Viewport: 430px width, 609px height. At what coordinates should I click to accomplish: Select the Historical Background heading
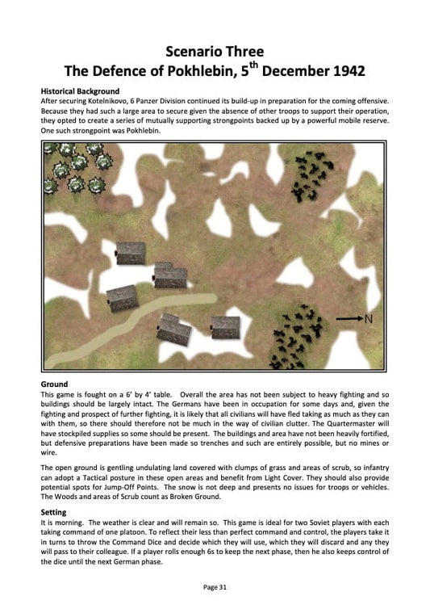[x=80, y=91]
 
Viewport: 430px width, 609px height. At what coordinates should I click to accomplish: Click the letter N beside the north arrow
[x=369, y=319]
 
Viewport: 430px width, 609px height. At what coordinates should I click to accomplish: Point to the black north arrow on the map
[x=348, y=319]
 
